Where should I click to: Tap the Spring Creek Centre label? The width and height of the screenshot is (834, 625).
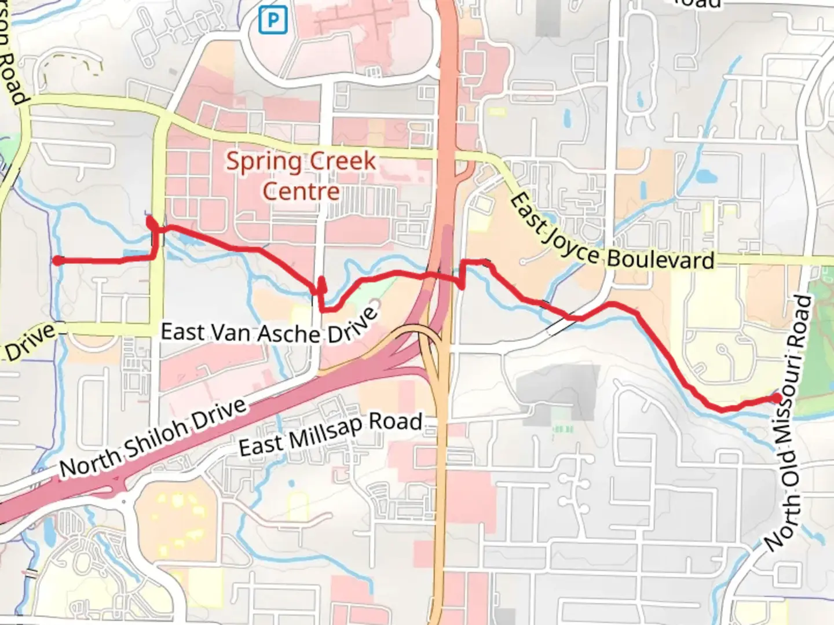click(x=301, y=175)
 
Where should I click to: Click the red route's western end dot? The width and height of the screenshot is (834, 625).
click(x=58, y=261)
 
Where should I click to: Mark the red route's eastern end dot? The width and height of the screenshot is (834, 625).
click(x=777, y=398)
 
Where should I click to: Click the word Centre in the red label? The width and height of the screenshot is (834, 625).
click(x=301, y=191)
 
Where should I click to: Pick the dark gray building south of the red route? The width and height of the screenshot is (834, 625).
click(x=559, y=388)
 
